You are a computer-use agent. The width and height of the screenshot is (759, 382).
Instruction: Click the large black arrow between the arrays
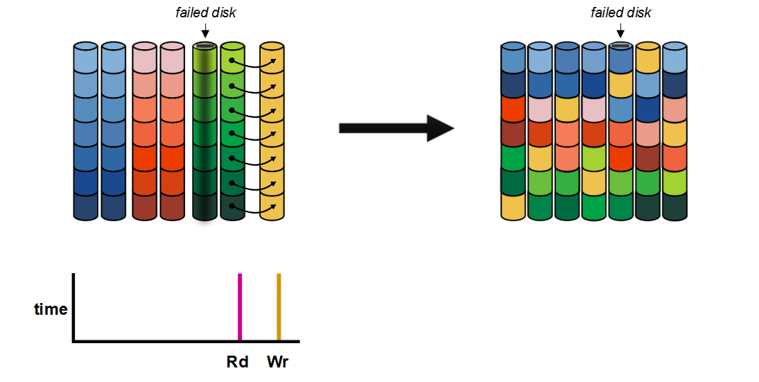pos(396,128)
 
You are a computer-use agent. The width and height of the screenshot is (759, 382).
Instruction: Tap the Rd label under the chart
pos(238,361)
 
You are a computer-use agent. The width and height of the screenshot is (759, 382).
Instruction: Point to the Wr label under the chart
pos(278,361)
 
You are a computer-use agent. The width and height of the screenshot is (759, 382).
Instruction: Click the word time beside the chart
pos(51,309)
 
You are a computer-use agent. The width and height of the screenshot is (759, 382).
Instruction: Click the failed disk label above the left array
pos(205,12)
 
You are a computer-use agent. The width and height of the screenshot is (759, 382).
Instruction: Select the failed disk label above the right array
pos(620,12)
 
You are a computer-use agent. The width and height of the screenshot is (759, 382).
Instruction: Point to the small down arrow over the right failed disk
pos(620,31)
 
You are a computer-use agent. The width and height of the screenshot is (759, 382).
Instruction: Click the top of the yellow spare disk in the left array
pos(272,47)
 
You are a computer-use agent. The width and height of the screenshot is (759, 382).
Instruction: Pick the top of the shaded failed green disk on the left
pos(205,47)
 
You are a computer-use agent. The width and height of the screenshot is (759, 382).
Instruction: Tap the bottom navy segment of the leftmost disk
pos(87,207)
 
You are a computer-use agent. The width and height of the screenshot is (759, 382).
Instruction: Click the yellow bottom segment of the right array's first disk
pos(514,207)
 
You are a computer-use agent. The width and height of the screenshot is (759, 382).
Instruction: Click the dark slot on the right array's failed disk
pos(620,46)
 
